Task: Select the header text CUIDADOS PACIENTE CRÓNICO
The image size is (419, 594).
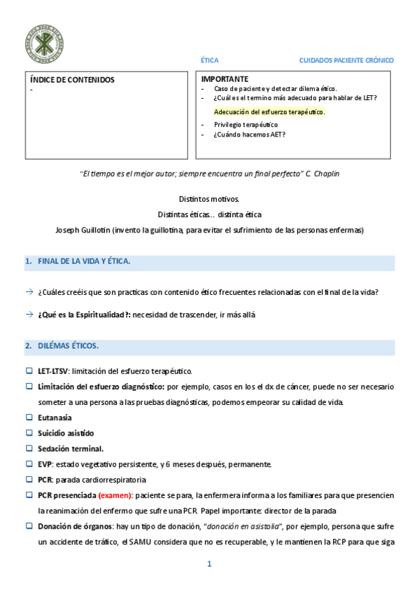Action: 346,61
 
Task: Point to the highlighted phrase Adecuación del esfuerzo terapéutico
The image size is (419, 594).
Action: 269,112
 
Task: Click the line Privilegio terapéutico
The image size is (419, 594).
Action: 246,125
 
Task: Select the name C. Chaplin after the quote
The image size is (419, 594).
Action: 323,174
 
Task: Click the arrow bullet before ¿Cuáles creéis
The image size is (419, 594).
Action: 29,292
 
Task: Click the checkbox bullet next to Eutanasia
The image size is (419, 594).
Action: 29,417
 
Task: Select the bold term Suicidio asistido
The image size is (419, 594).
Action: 66,433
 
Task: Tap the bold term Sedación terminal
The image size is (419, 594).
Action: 71,448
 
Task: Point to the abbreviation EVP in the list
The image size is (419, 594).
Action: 45,464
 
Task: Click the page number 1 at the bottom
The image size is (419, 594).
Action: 208,563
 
